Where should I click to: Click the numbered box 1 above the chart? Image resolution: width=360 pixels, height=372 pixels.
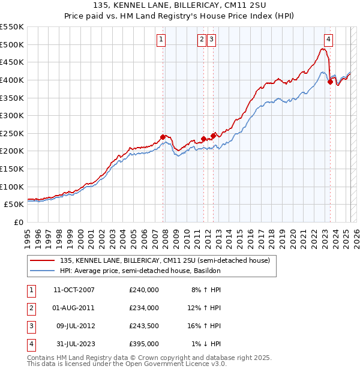(x=162, y=40)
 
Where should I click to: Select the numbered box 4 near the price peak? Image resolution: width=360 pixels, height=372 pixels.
(x=329, y=40)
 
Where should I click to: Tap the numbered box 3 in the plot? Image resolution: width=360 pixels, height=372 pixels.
(x=212, y=40)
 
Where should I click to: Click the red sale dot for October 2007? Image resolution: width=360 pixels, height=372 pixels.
(x=163, y=136)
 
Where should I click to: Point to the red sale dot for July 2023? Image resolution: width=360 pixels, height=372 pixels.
(x=330, y=82)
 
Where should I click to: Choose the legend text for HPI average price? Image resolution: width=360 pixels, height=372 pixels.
(x=140, y=271)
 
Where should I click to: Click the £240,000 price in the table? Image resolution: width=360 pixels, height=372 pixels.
(x=144, y=289)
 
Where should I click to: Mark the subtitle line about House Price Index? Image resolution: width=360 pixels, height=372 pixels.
(x=179, y=16)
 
